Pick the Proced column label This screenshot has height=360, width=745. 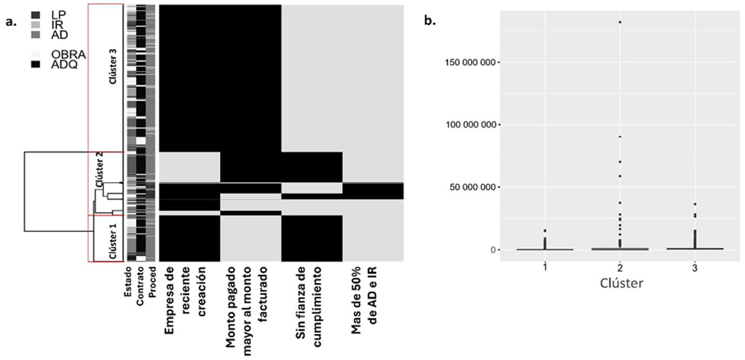[152, 282]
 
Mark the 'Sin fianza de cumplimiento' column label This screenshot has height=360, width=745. [311, 301]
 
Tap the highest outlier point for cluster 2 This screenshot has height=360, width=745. [619, 21]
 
